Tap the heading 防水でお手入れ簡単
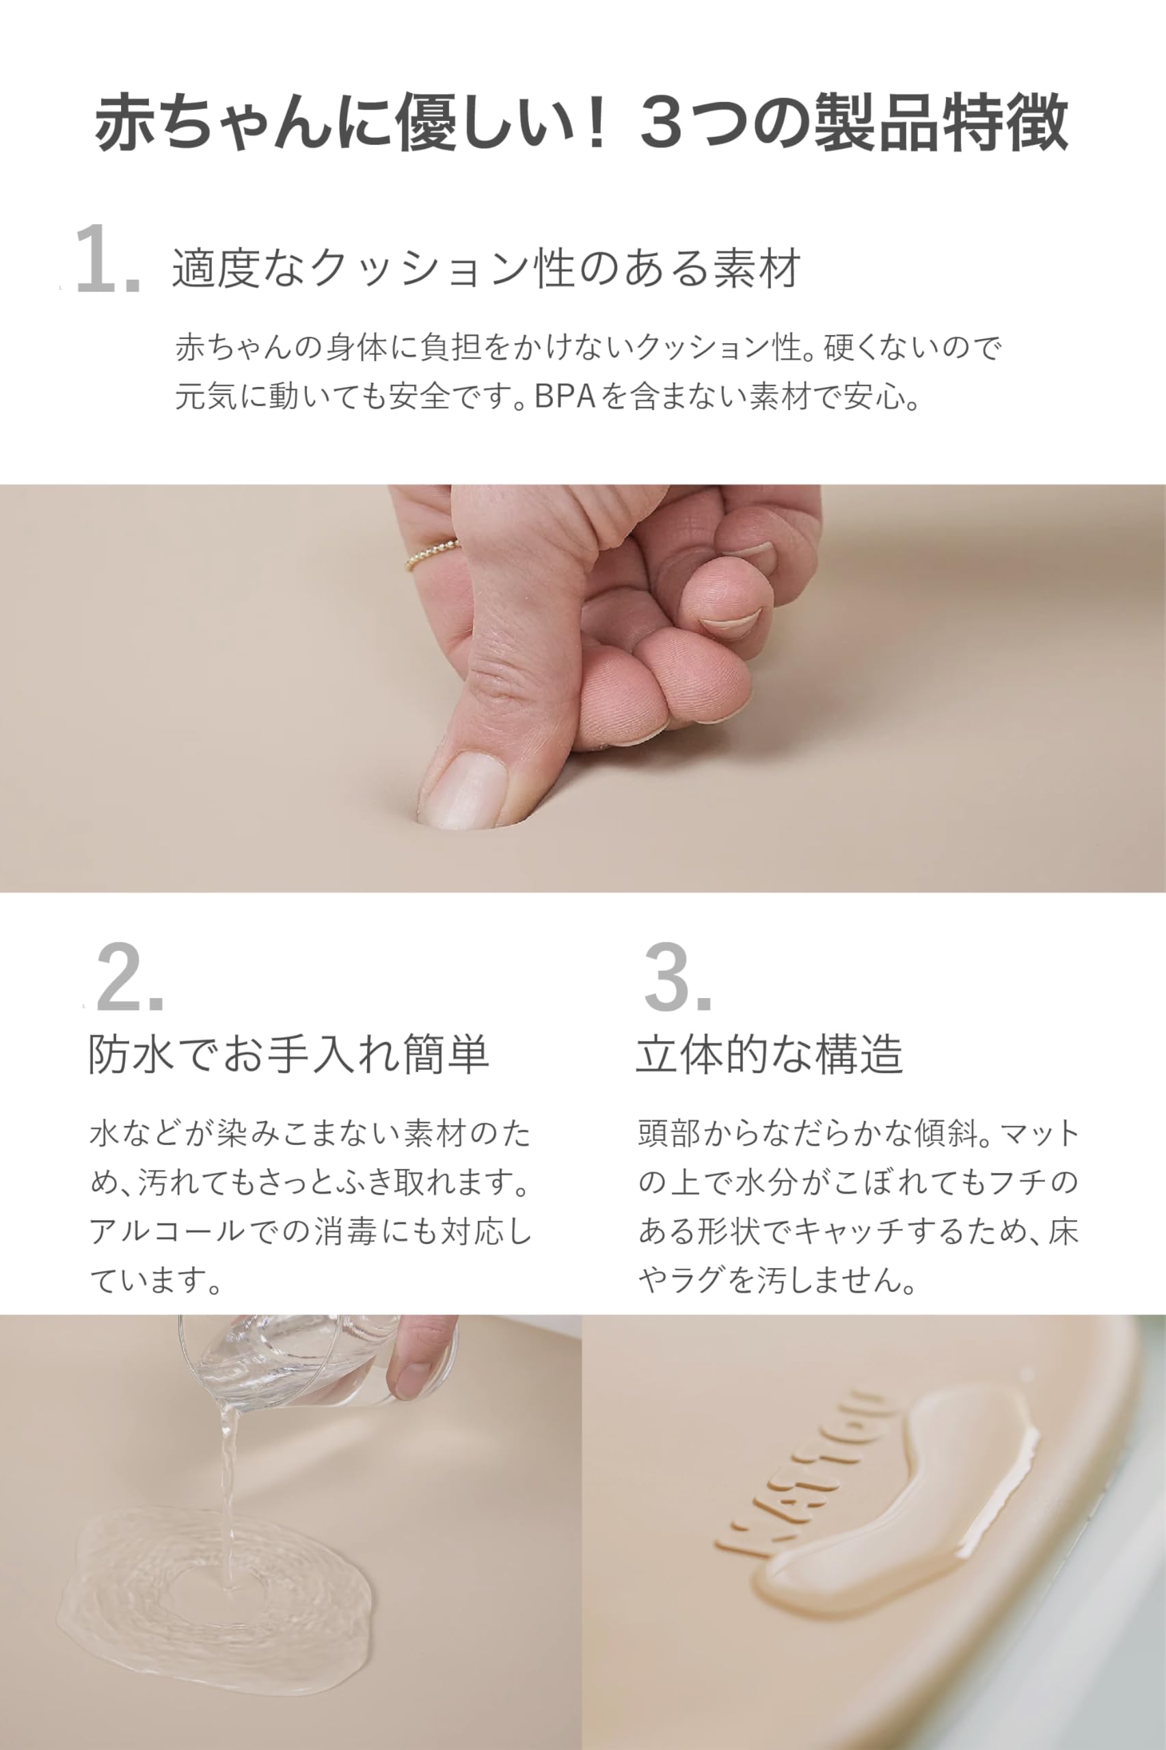point(288,1054)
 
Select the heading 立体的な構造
point(769,1054)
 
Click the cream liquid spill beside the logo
point(907,1495)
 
